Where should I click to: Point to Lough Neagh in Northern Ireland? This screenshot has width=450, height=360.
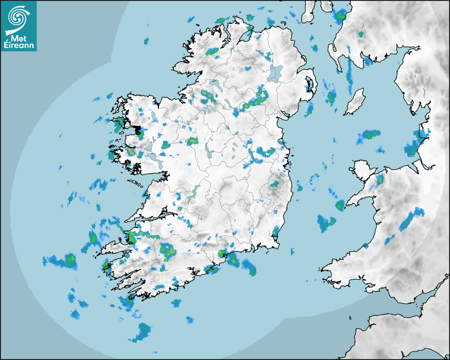tap(275, 73)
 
